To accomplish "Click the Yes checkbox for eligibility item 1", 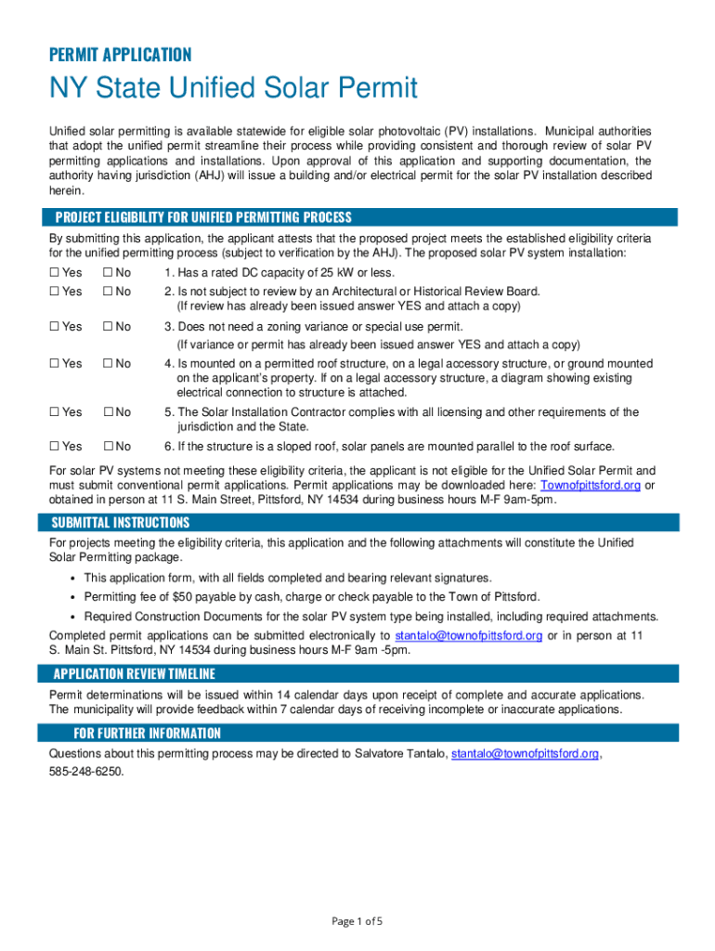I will pyautogui.click(x=54, y=273).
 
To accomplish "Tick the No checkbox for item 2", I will pyautogui.click(x=109, y=292).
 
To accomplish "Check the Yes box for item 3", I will pyautogui.click(x=54, y=327).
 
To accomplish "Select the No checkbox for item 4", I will pyautogui.click(x=109, y=364).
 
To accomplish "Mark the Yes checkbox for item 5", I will pyautogui.click(x=54, y=412).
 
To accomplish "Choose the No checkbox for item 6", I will pyautogui.click(x=109, y=447).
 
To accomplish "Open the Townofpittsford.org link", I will pyautogui.click(x=590, y=485).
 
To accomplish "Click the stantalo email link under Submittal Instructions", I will pyautogui.click(x=468, y=635).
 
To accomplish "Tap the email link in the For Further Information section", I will pyautogui.click(x=525, y=753).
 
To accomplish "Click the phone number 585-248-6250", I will pyautogui.click(x=85, y=771).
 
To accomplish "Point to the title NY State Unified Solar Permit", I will pyautogui.click(x=233, y=89).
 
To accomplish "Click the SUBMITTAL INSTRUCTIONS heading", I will pyautogui.click(x=121, y=522).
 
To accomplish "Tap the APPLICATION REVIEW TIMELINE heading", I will pyautogui.click(x=134, y=673).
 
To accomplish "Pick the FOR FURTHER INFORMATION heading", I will pyautogui.click(x=147, y=733).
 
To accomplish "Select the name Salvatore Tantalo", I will pyautogui.click(x=399, y=753).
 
